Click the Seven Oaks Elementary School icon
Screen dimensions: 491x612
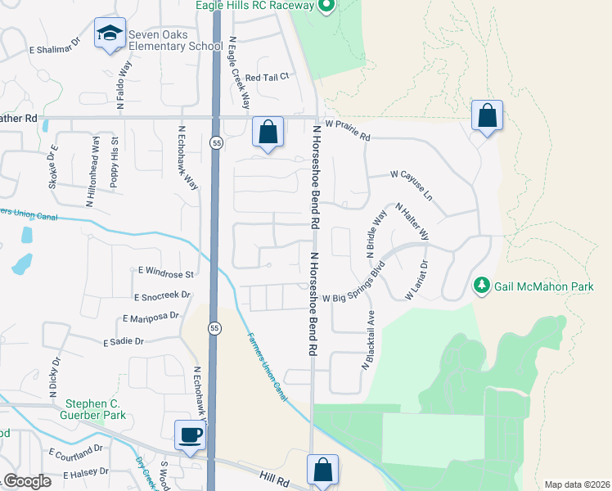click(x=110, y=33)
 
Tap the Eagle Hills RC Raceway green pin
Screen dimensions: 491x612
click(x=326, y=7)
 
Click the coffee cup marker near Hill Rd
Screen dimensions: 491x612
click(x=191, y=434)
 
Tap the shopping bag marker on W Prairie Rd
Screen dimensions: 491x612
click(x=268, y=131)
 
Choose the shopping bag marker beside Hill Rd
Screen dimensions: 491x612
click(x=323, y=470)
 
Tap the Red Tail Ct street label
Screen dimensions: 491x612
click(x=268, y=77)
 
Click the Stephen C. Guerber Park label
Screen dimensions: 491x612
click(x=86, y=410)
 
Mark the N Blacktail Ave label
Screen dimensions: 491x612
click(x=369, y=340)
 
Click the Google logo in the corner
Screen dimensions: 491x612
click(x=27, y=481)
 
